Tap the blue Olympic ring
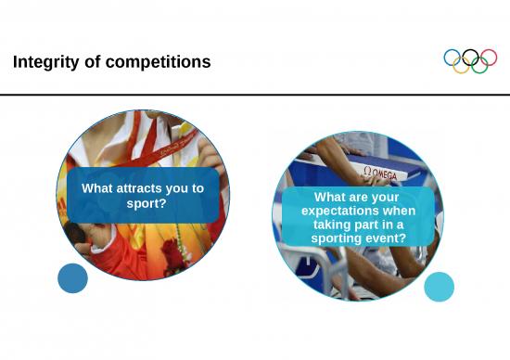tap(453, 58)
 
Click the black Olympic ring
tap(470, 58)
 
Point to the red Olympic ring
tap(489, 58)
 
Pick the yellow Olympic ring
tap(461, 66)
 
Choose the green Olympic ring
tap(479, 66)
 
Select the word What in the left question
tap(98, 188)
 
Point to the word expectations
tap(358, 211)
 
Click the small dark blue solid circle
tap(72, 278)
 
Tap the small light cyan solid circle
tap(439, 287)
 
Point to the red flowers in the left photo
tap(173, 252)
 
